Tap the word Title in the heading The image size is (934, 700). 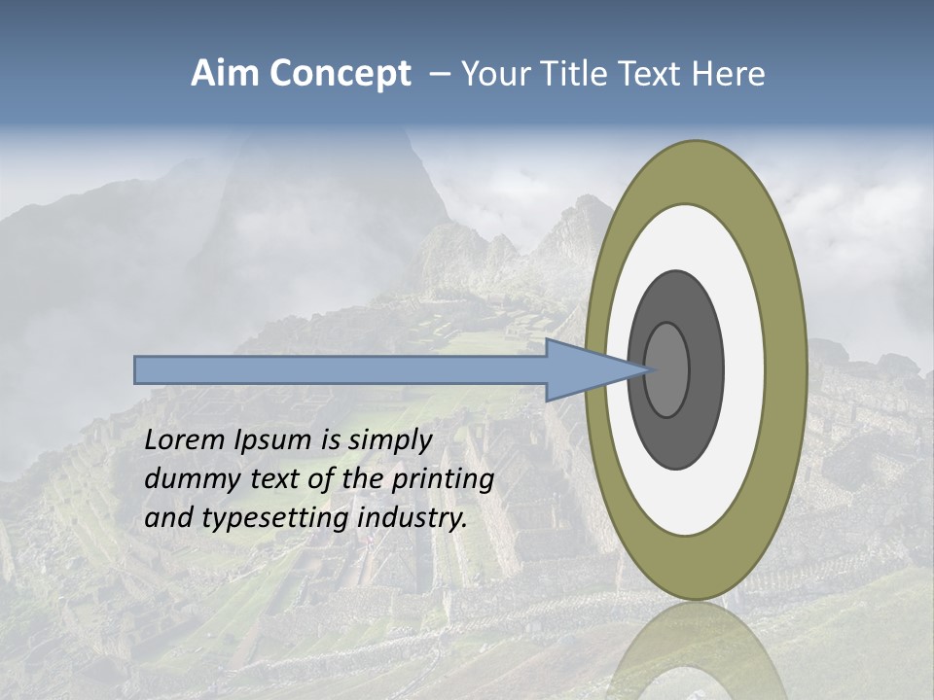tap(580, 74)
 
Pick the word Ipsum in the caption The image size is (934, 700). tap(273, 440)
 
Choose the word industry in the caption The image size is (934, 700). tap(413, 518)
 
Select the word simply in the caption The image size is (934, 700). tap(390, 440)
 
